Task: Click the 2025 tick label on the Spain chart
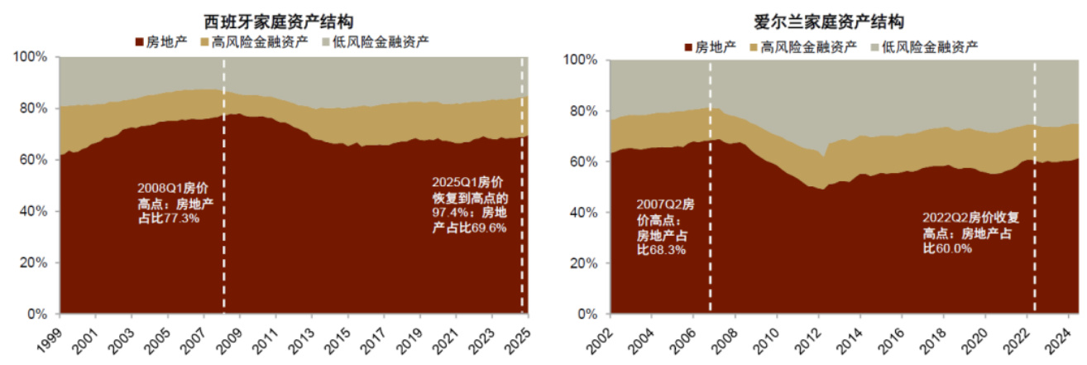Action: pos(518,334)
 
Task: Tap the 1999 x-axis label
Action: pos(50,334)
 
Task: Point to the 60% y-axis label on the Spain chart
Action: pos(36,160)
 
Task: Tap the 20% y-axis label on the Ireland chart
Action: pos(584,264)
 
